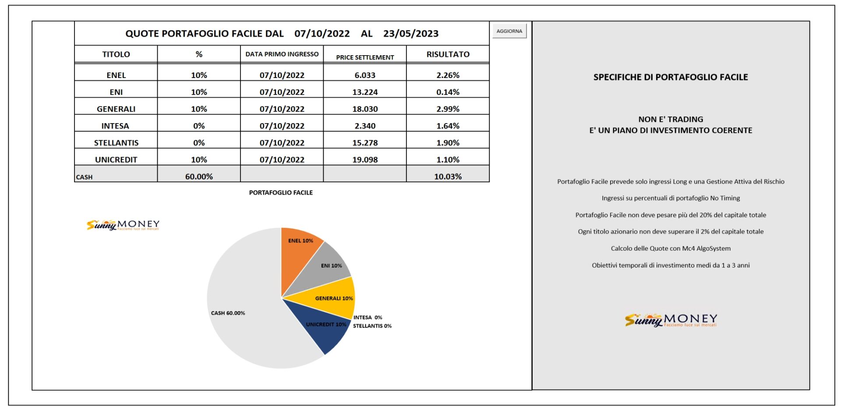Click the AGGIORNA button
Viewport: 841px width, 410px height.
(x=509, y=31)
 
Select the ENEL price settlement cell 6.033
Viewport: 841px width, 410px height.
(x=365, y=75)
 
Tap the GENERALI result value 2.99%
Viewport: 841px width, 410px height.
(x=448, y=109)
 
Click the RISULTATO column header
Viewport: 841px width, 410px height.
(x=448, y=54)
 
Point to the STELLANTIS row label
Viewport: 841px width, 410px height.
(x=116, y=143)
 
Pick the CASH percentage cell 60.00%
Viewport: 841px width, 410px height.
(x=199, y=177)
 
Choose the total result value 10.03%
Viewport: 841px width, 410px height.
(x=448, y=177)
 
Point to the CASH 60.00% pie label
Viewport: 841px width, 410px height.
(x=228, y=313)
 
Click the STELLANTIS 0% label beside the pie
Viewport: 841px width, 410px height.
(x=372, y=326)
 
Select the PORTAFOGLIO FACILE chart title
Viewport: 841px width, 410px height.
(x=281, y=193)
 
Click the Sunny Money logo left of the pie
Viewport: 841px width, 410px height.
(x=123, y=225)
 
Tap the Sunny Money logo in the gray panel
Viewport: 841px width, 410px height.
(x=671, y=320)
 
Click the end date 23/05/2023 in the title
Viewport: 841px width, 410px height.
(x=411, y=34)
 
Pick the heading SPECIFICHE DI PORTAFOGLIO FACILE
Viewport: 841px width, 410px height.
(x=671, y=77)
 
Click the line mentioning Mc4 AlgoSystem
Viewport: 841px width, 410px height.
(x=671, y=248)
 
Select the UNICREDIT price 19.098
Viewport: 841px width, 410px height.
(x=365, y=160)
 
